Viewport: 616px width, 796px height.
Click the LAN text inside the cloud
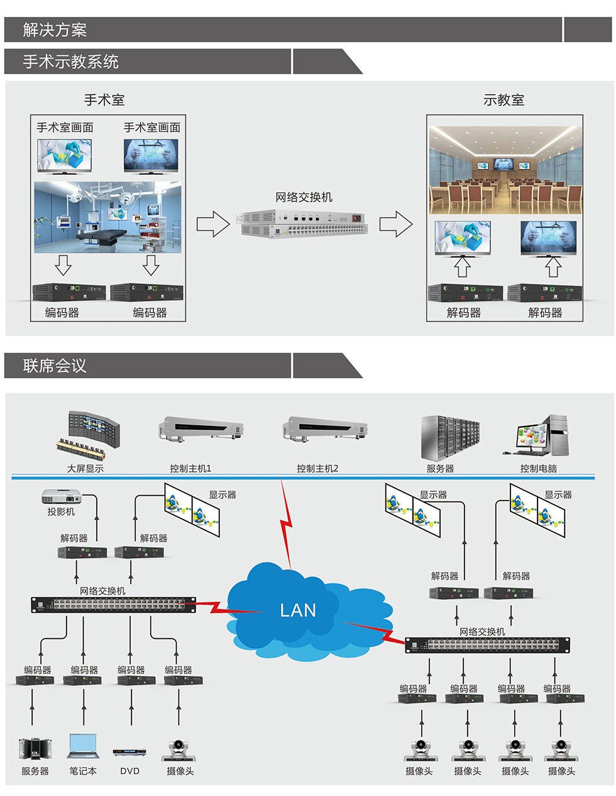(298, 610)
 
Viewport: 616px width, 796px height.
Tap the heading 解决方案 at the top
(55, 30)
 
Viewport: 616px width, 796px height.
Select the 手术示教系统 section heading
(70, 62)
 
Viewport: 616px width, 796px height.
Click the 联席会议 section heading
(55, 366)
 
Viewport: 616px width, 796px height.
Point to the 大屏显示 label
(85, 469)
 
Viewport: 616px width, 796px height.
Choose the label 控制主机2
(317, 469)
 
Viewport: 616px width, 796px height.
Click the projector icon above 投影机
(61, 496)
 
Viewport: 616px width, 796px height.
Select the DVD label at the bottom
(129, 771)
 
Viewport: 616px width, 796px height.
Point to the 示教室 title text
(503, 100)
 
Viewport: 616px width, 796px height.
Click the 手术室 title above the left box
(104, 100)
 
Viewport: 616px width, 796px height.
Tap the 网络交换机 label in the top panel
(304, 197)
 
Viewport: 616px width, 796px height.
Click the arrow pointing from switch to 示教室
(396, 224)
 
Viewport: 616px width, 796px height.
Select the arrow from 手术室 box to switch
(213, 224)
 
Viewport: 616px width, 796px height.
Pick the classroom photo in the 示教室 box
(505, 170)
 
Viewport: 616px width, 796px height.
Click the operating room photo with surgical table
(107, 217)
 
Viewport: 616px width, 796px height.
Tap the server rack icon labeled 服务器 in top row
(449, 437)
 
